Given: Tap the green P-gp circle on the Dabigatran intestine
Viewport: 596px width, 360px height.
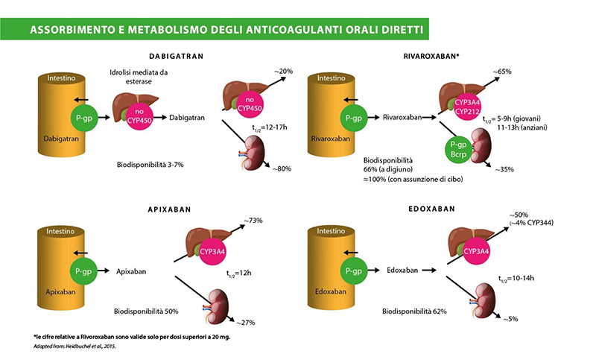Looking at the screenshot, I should (83, 118).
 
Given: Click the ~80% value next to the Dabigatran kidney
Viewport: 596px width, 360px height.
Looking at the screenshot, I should (281, 168).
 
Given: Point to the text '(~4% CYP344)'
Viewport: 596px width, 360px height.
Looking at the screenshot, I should (530, 223).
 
